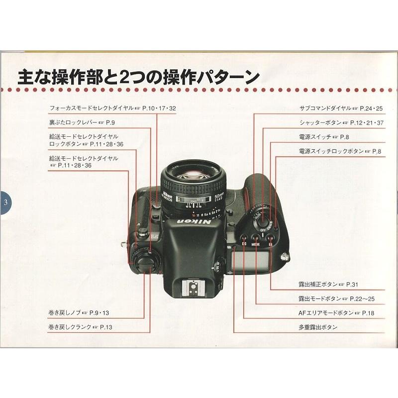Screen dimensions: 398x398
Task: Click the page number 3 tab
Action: (4, 202)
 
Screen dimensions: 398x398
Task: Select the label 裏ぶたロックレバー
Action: (73, 121)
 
